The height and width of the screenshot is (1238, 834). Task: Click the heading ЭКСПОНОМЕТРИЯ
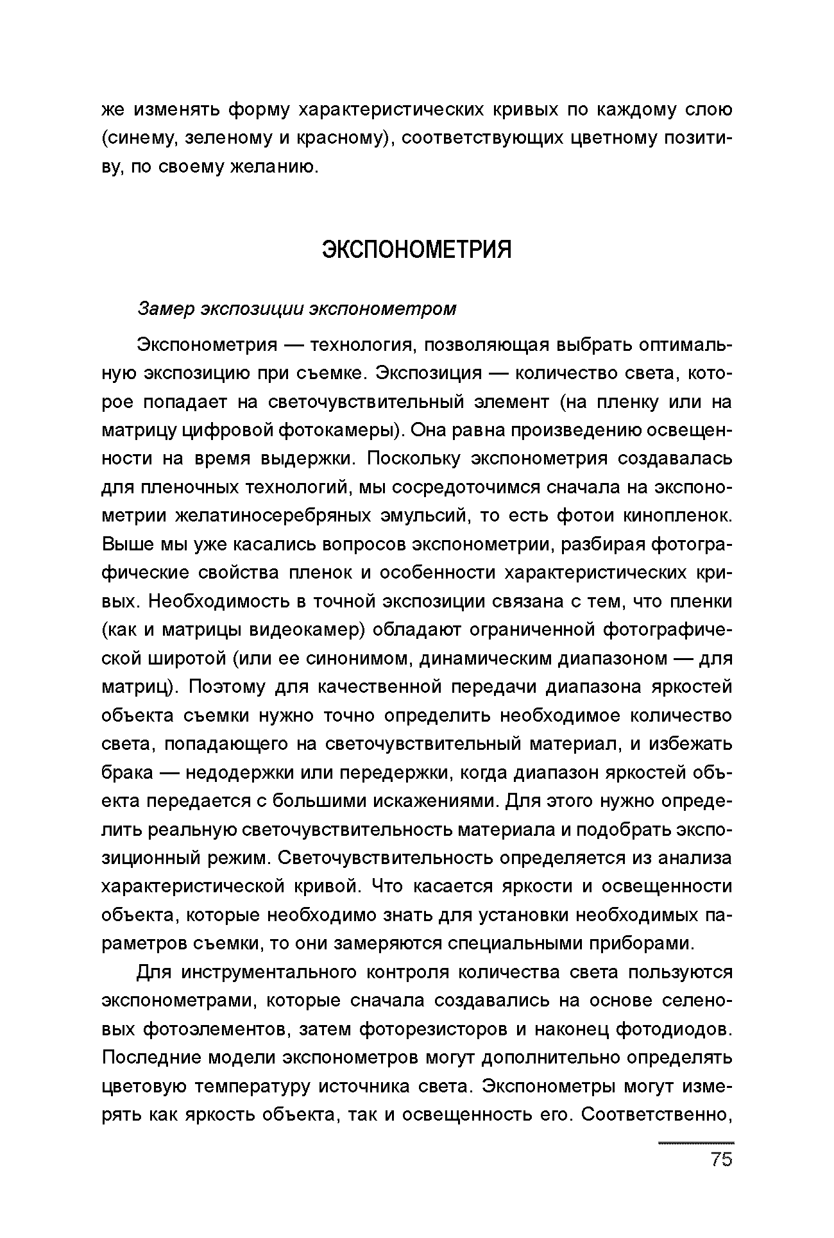click(416, 250)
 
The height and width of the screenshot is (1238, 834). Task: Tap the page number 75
click(721, 1160)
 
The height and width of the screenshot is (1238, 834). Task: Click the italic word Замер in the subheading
click(166, 309)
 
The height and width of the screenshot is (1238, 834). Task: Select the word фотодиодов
click(673, 1030)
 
